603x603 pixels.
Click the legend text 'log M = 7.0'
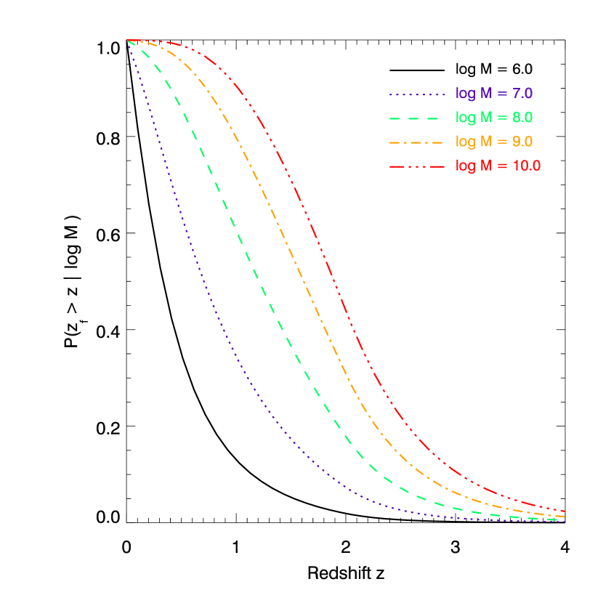[x=494, y=94]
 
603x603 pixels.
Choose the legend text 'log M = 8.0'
[x=494, y=118]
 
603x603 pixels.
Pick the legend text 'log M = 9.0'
[x=494, y=142]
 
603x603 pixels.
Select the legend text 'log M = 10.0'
[x=498, y=166]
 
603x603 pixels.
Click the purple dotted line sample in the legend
[x=416, y=94]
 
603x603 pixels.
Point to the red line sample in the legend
[x=416, y=166]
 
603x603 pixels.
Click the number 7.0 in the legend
[x=522, y=94]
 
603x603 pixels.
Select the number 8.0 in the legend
[x=522, y=118]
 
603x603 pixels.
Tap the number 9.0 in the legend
[x=522, y=142]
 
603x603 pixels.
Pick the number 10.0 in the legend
[x=526, y=166]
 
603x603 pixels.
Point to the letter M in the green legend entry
[x=485, y=118]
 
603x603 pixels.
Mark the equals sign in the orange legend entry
[x=502, y=142]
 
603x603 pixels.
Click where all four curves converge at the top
[x=128, y=41]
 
